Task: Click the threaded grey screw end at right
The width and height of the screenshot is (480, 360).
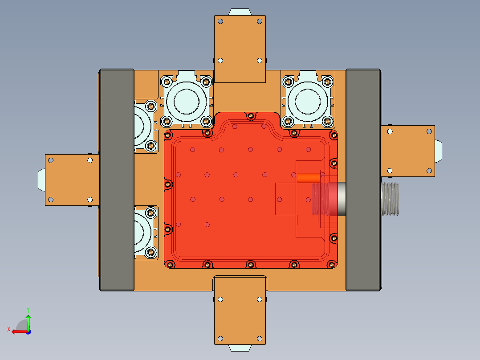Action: [x=391, y=199]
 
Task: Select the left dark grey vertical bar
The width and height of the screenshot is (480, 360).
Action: [x=117, y=180]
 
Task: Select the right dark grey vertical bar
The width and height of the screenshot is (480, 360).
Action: [x=363, y=180]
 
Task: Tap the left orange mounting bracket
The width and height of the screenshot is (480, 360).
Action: [x=72, y=180]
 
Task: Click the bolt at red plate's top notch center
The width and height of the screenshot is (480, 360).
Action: [x=250, y=117]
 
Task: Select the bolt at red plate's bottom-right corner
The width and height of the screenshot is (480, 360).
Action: [x=332, y=265]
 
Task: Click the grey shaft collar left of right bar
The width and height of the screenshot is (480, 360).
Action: [x=341, y=199]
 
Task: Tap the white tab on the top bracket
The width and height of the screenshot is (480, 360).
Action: [x=240, y=12]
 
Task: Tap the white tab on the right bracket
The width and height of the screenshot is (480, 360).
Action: [x=439, y=151]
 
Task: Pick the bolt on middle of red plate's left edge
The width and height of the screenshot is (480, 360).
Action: [x=168, y=184]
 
